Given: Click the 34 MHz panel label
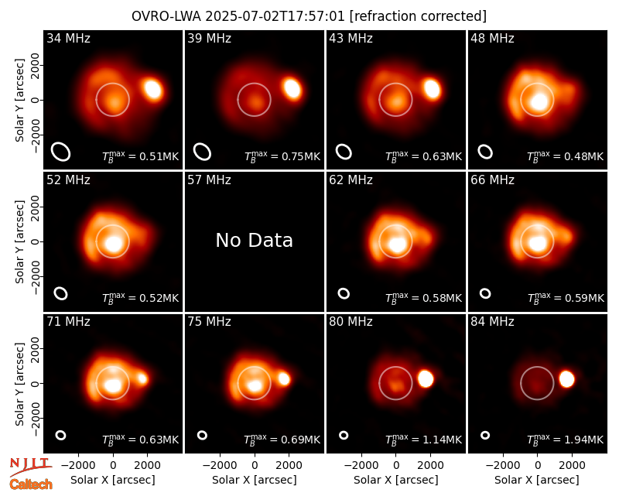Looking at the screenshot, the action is point(68,38).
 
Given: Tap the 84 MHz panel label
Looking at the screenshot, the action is point(492,322).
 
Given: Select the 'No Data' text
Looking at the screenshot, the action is point(255,241).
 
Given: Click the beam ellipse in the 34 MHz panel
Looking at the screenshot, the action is point(61,152).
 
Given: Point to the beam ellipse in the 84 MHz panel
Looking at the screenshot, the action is point(485,435).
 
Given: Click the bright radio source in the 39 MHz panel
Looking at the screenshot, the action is point(292,88).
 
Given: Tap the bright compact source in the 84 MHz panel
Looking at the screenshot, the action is point(567,379).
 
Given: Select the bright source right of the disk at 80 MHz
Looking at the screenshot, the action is point(426,379).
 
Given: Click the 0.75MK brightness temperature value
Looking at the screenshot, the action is point(301,156).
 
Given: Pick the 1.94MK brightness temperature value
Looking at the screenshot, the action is point(584,440).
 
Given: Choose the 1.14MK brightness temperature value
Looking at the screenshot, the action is point(443,440).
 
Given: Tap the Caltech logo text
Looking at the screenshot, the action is point(31,484).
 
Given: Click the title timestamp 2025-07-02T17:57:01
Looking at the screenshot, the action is point(275,16).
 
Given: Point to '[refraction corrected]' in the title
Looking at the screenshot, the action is point(419,16).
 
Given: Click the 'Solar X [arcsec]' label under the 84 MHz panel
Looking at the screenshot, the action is point(537,480).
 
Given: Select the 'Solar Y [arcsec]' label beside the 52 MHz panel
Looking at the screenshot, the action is point(19,241).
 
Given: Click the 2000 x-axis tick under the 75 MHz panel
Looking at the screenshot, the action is point(289,466).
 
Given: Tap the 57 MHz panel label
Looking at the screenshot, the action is point(209,180).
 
